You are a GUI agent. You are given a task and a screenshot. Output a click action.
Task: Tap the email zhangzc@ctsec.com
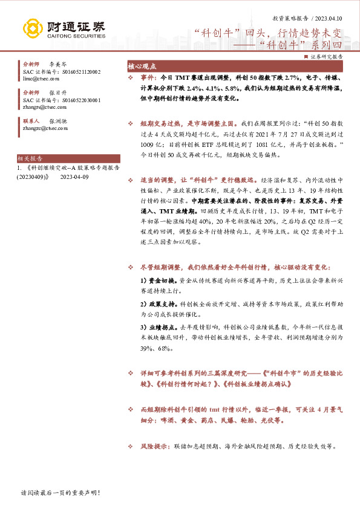tap(46, 128)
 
